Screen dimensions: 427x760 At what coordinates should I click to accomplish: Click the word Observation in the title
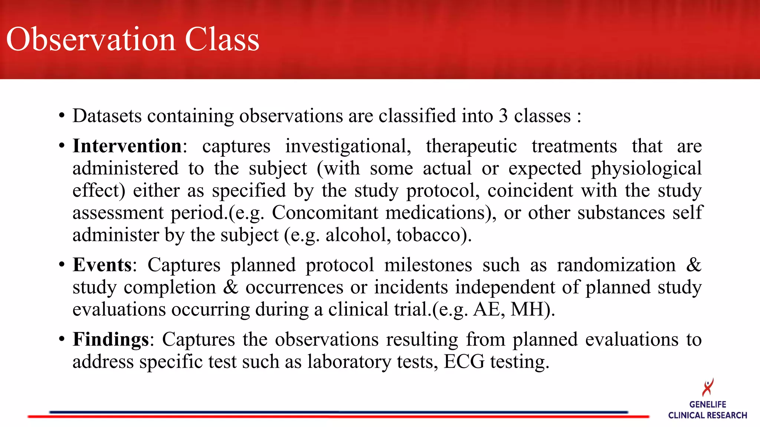pos(91,39)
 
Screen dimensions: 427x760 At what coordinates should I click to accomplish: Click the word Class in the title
pos(222,39)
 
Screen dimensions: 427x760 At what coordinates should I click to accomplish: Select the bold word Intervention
pos(127,146)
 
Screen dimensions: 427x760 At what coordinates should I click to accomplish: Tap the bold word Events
pos(102,265)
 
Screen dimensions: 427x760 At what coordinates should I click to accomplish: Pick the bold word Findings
pos(111,339)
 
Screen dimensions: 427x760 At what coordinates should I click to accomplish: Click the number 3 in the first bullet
pos(503,116)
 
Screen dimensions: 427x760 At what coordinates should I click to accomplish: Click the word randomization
pos(616,265)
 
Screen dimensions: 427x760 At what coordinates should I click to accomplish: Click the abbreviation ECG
pos(464,361)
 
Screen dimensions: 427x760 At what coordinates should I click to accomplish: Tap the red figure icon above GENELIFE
pos(708,387)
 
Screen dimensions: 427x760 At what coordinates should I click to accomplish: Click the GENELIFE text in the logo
pos(708,404)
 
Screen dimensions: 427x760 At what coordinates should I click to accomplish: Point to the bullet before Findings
pos(62,339)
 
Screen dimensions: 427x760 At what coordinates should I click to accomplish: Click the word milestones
pos(428,265)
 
